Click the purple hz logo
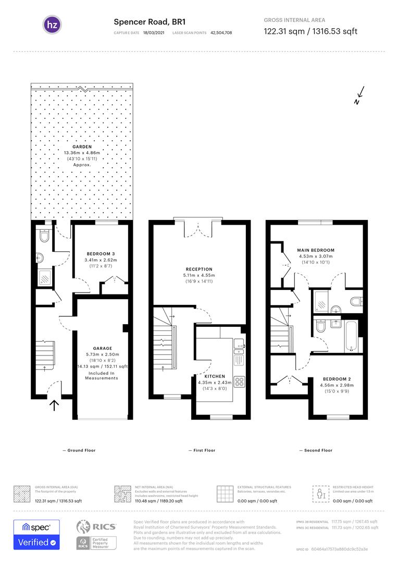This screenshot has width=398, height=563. (52, 25)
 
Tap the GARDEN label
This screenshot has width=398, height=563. (81, 147)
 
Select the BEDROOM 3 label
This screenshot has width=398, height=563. (101, 254)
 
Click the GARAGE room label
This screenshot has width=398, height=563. (102, 348)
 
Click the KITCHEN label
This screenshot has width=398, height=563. (215, 376)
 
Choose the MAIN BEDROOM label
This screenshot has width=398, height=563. (316, 250)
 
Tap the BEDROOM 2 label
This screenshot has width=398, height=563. (335, 379)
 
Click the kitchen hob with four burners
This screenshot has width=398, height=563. (240, 382)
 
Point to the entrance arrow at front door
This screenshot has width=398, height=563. (54, 405)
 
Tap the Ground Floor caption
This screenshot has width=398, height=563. (79, 450)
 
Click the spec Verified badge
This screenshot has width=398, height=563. (36, 535)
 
